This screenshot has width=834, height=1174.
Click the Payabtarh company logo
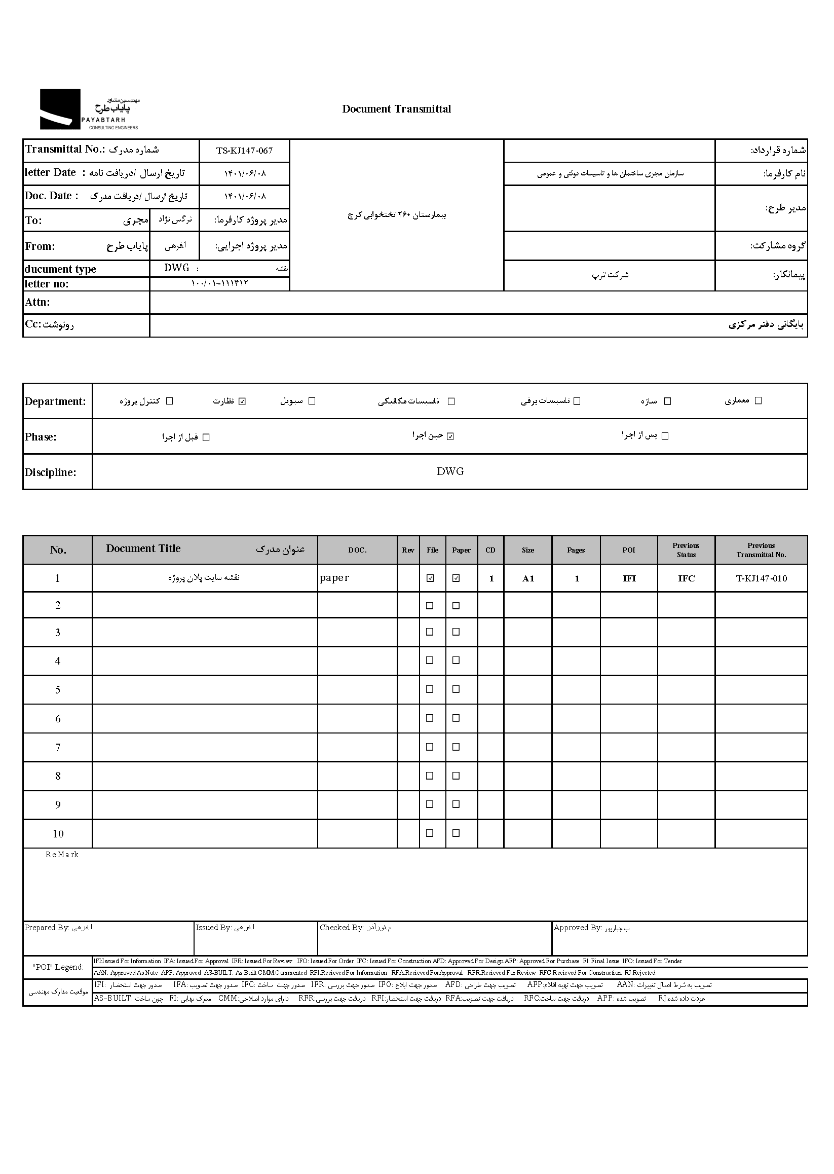[x=88, y=109]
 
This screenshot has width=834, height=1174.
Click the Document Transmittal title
[x=396, y=109]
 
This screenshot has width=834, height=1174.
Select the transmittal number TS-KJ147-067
[x=244, y=151]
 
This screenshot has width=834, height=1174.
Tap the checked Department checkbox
[x=242, y=401]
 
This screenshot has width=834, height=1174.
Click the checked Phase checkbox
[x=450, y=436]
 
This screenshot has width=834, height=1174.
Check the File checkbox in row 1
[x=430, y=578]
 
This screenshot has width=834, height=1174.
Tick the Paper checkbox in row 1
[x=456, y=578]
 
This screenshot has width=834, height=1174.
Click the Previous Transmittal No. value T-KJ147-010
[x=761, y=578]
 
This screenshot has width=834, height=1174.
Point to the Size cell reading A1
[x=528, y=578]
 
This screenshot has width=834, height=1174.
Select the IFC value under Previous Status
[x=686, y=578]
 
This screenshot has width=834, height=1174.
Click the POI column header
[x=629, y=550]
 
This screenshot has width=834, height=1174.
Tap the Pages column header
[x=576, y=550]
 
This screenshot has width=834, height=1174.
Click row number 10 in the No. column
[x=58, y=834]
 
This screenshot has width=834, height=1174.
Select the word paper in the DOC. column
[x=334, y=577]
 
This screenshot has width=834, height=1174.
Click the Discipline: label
[x=50, y=472]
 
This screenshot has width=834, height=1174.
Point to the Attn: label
[x=37, y=302]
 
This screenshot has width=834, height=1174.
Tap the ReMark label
[x=62, y=855]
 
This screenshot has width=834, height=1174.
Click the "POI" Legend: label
[x=58, y=967]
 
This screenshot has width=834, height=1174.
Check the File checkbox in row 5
[x=430, y=689]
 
